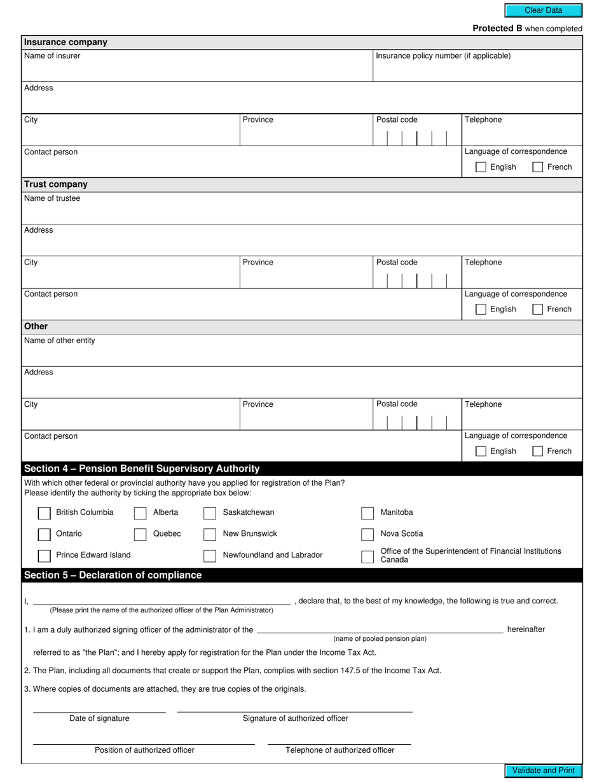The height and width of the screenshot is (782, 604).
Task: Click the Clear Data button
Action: pyautogui.click(x=543, y=10)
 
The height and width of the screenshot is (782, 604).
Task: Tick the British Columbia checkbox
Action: pyautogui.click(x=45, y=513)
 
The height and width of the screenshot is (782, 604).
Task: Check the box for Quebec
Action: pyautogui.click(x=141, y=535)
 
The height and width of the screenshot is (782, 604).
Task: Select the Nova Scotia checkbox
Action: pyautogui.click(x=367, y=535)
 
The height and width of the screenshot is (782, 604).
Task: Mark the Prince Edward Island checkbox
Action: pyautogui.click(x=45, y=556)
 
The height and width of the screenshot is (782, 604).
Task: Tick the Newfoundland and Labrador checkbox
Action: pyautogui.click(x=210, y=556)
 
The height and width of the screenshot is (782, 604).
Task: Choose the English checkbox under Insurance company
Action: pyautogui.click(x=481, y=167)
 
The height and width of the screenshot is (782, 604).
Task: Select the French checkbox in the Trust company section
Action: pyautogui.click(x=538, y=310)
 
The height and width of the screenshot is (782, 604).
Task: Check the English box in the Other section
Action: pyautogui.click(x=481, y=451)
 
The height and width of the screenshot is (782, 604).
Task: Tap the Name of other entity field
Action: pyautogui.click(x=302, y=355)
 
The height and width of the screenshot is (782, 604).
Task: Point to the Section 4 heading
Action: pyautogui.click(x=142, y=469)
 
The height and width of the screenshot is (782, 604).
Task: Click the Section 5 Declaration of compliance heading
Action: pyautogui.click(x=113, y=575)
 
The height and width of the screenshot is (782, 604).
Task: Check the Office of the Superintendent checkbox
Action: pyautogui.click(x=367, y=557)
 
